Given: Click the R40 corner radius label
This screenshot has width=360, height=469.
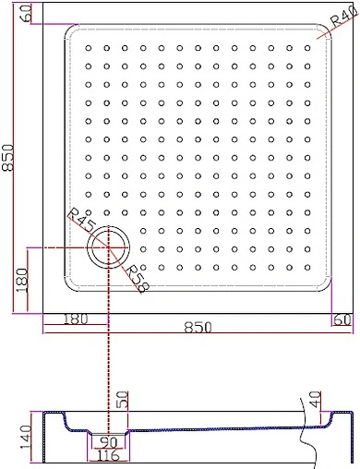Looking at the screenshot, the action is click(x=341, y=19).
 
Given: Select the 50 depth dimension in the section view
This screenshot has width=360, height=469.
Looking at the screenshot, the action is click(x=121, y=402).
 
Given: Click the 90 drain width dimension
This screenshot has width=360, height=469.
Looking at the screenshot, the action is click(x=109, y=441).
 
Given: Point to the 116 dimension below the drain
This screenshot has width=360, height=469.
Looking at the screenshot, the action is click(x=109, y=456).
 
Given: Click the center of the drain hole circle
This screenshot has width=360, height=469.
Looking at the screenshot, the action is click(x=110, y=247).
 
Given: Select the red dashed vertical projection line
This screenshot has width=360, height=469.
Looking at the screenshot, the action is click(x=110, y=360).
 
